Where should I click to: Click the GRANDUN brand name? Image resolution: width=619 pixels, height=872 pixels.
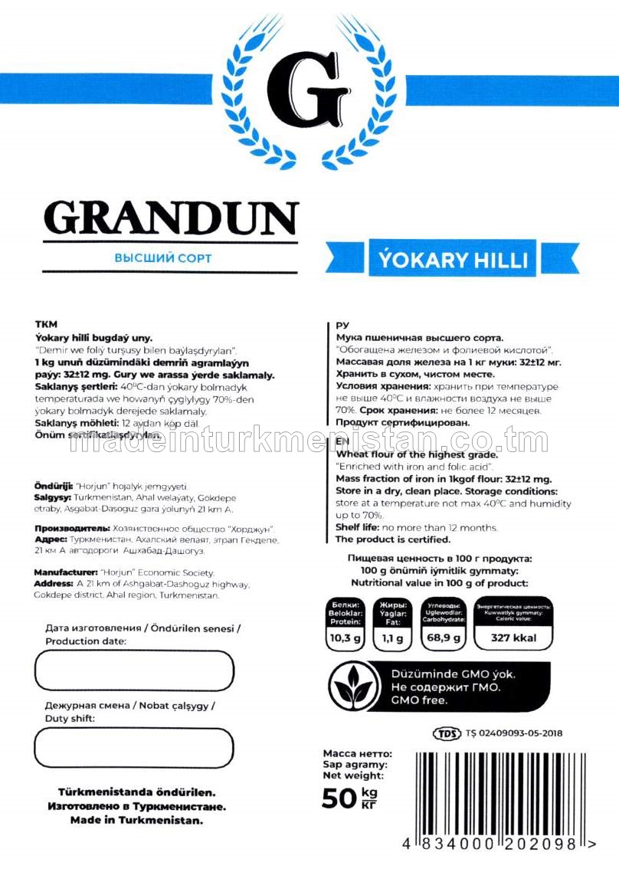[x=170, y=218]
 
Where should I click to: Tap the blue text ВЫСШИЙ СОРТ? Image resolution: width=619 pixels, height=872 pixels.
[x=162, y=258]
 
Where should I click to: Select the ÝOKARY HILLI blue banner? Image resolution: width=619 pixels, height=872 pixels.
[x=453, y=259]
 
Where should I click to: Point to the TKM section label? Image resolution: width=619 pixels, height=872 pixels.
[x=47, y=325]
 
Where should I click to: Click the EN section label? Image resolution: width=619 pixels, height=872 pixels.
[x=342, y=443]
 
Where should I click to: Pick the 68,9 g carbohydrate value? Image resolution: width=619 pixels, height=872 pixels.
[x=443, y=637]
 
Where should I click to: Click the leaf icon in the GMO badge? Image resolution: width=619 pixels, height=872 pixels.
[x=354, y=687]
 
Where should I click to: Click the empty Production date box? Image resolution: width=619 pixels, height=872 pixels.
[x=134, y=670]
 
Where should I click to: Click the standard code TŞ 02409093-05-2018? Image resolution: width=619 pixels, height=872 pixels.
[x=513, y=733]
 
